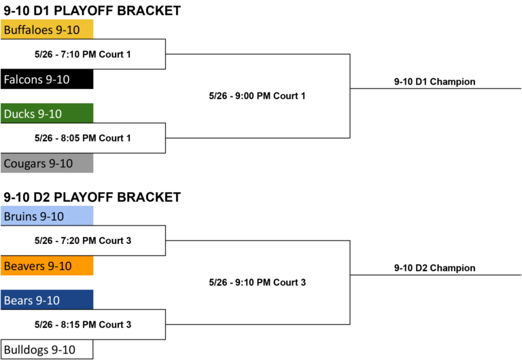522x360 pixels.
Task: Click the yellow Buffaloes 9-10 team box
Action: point(47,29)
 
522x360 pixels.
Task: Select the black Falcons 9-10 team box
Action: point(47,79)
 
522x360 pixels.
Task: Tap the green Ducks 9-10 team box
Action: point(47,113)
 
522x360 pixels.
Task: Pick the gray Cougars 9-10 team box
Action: point(47,163)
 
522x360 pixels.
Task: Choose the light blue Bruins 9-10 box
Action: point(47,215)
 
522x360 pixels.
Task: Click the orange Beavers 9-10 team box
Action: point(47,266)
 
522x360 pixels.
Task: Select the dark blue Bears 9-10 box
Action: point(47,300)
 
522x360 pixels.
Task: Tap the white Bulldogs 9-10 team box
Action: point(47,349)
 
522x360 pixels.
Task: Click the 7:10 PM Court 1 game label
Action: point(82,54)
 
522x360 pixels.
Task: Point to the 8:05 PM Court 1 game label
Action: point(82,138)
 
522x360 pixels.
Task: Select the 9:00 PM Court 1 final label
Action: point(257,96)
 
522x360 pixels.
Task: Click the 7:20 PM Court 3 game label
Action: point(83,240)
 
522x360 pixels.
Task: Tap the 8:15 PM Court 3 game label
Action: point(83,325)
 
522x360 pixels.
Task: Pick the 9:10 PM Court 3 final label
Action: point(258,283)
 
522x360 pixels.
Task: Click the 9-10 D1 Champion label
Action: point(435,82)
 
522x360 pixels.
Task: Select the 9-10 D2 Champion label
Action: point(435,268)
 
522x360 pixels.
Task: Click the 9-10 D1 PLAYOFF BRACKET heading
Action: point(92,11)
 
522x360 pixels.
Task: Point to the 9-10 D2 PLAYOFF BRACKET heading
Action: point(92,197)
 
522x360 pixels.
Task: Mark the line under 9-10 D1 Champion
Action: point(436,88)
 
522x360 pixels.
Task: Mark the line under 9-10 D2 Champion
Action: point(436,275)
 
